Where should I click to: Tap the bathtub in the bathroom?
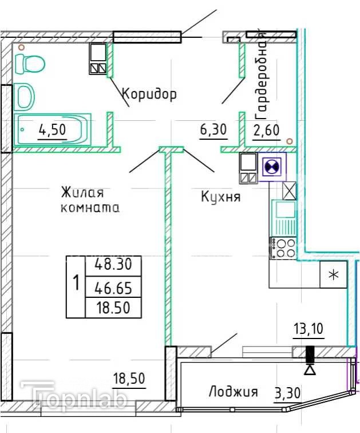(53, 129)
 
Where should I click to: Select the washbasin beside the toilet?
(25, 96)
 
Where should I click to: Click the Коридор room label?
(149, 94)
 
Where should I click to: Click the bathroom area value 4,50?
(53, 129)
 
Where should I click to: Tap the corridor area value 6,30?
(213, 129)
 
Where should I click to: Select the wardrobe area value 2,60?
(266, 131)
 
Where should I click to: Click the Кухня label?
(221, 197)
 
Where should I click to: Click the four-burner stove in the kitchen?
(283, 247)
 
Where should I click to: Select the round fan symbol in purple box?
(272, 167)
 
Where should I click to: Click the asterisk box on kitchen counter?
(334, 274)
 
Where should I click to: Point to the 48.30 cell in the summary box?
(113, 265)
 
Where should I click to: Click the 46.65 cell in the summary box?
(113, 288)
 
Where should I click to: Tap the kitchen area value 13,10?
(308, 329)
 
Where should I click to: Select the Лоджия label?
(234, 392)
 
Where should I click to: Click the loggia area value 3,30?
(287, 393)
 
